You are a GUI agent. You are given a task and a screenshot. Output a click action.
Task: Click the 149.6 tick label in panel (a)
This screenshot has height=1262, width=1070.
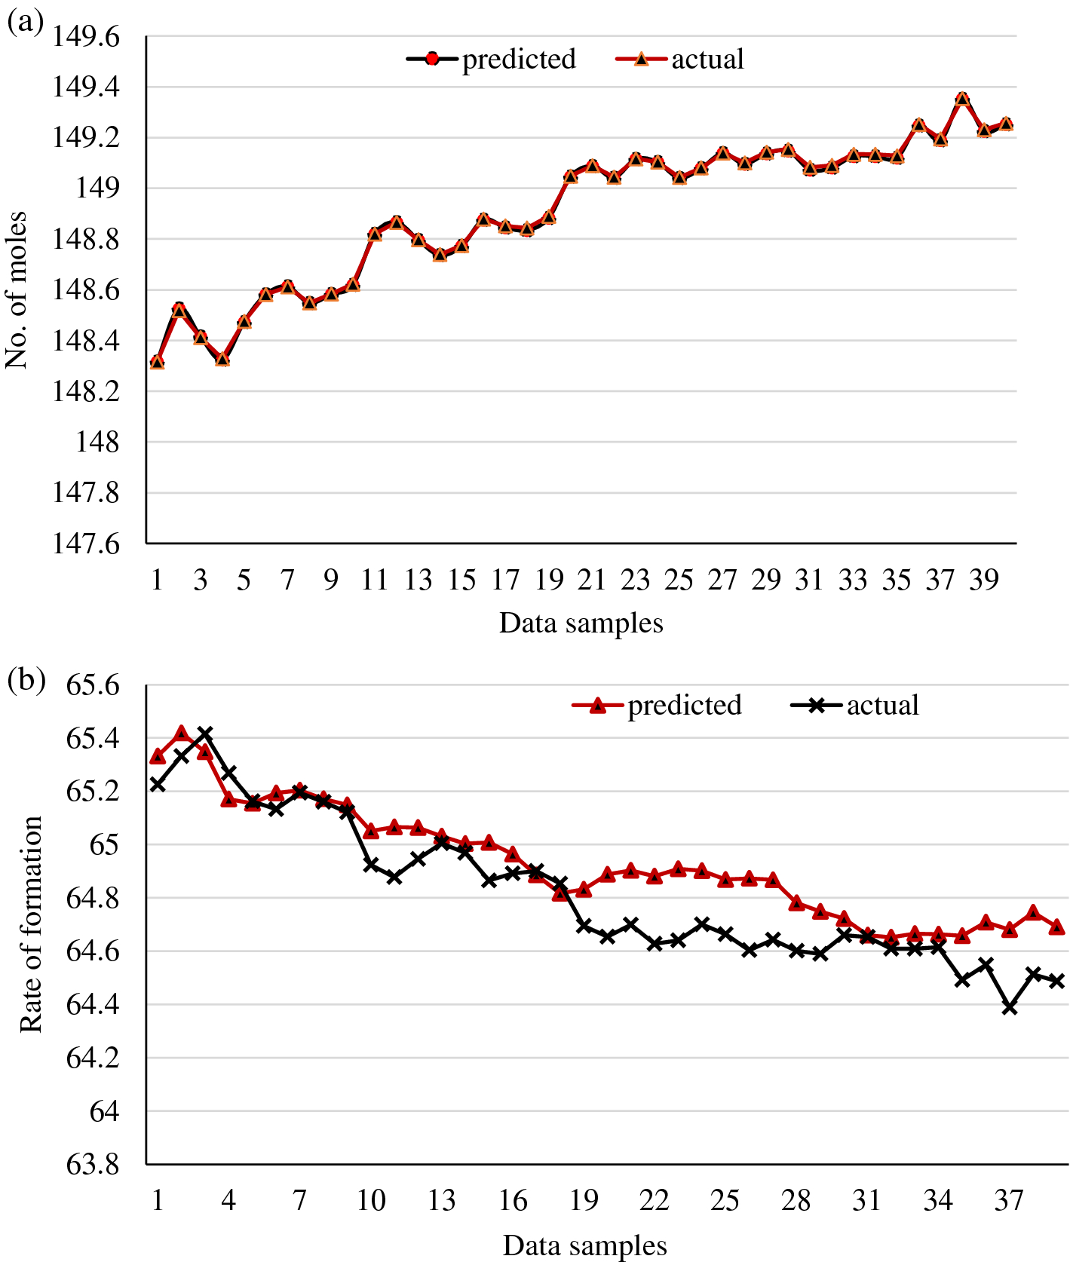click(x=85, y=37)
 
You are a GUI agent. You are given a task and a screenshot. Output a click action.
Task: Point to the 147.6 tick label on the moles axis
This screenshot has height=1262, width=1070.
click(x=85, y=544)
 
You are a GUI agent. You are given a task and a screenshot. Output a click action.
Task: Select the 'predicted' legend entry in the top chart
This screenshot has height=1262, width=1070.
click(x=518, y=59)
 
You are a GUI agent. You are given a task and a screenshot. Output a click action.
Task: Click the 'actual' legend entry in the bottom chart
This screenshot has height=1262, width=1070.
click(x=882, y=705)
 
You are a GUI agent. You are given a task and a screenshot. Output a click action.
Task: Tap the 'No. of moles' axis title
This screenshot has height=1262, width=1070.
click(x=17, y=290)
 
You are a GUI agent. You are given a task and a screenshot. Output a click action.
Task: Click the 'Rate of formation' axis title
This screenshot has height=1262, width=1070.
click(x=30, y=924)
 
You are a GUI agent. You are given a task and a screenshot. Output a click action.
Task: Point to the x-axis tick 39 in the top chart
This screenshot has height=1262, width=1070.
click(x=983, y=579)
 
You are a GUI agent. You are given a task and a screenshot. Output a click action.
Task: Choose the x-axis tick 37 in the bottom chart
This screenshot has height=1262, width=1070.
click(x=1009, y=1199)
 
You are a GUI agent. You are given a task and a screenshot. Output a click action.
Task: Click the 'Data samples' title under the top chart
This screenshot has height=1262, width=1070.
click(x=581, y=623)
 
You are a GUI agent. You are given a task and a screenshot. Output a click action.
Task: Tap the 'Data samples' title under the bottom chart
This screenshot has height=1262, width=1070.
click(x=584, y=1245)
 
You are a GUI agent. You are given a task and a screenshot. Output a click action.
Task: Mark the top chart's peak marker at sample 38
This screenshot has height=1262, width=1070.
click(x=962, y=99)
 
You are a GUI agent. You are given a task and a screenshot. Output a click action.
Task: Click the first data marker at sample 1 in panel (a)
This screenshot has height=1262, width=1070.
click(x=157, y=362)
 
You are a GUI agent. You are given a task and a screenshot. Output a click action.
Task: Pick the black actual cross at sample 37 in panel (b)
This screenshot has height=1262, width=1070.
click(x=1010, y=1007)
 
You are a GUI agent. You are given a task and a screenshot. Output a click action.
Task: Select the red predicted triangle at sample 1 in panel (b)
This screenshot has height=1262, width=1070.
click(x=158, y=756)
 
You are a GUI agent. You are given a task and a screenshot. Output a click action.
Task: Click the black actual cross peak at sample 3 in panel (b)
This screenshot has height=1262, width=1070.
click(x=204, y=733)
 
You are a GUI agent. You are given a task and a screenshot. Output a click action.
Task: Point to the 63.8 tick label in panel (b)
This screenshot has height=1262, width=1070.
click(x=93, y=1165)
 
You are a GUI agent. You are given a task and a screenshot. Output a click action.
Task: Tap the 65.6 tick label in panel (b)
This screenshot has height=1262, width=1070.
click(x=93, y=686)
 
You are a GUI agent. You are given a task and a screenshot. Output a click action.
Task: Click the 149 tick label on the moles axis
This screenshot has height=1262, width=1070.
click(x=97, y=188)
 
